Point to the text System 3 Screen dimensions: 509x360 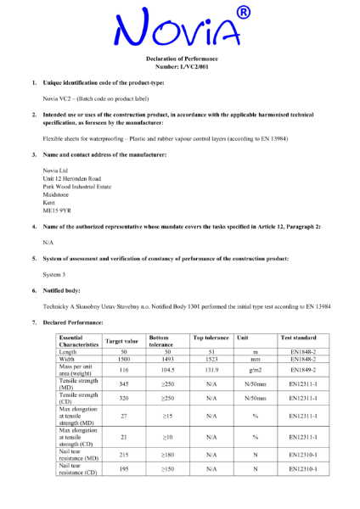coord(58,274)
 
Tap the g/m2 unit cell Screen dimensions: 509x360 coord(254,370)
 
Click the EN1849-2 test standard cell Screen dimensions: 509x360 coord(303,370)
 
